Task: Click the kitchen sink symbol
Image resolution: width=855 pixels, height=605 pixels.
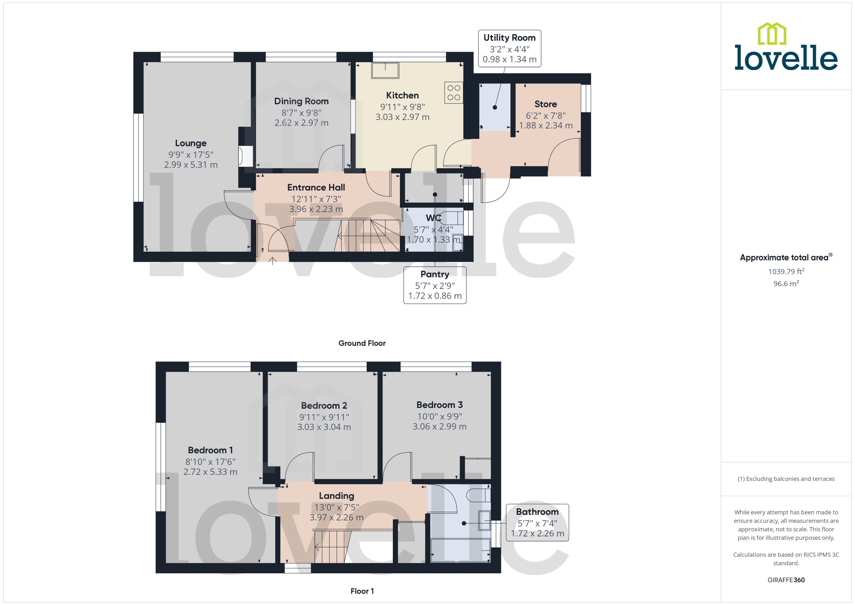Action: coord(385,70)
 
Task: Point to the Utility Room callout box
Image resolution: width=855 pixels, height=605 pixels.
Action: coord(509,48)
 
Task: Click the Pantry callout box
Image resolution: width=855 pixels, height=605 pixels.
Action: coord(435,285)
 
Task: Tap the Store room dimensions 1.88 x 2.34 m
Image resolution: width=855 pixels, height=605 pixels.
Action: coord(545,126)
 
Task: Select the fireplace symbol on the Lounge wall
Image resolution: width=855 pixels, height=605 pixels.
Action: coord(246,156)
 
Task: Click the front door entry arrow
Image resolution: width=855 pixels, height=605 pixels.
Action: coord(272,261)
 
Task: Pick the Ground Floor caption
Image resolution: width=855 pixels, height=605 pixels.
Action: coord(362,343)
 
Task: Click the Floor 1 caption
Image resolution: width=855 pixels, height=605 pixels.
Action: coord(362,591)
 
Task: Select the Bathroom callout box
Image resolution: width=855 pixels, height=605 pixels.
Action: coord(537,522)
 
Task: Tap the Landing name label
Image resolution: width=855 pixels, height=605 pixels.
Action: coord(336,496)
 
